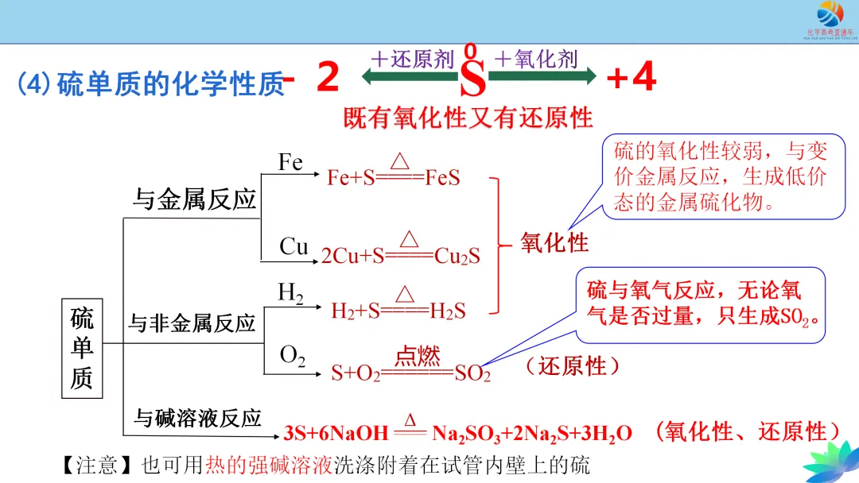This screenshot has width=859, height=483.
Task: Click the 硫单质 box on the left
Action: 82,349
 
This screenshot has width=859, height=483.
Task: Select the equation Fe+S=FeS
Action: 393,176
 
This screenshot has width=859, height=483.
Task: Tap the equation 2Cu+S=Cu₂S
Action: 400,256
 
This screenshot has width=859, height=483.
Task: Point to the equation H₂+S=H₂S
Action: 398,311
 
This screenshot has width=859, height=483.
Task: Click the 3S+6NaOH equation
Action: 457,433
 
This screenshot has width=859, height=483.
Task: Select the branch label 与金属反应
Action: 194,199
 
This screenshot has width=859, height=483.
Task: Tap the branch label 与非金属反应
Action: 192,323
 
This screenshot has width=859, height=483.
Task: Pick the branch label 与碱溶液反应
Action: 197,418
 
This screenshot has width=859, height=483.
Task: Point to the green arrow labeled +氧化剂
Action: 542,75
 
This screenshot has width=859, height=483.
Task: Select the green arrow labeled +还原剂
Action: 409,75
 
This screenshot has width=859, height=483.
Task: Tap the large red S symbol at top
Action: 473,79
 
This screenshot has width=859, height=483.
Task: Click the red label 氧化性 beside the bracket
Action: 554,242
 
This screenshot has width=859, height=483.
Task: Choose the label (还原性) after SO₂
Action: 572,366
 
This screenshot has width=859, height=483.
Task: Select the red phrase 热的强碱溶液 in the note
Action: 268,465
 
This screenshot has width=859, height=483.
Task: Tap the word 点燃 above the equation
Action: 418,354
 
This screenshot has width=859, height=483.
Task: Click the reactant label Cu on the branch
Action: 293,246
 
